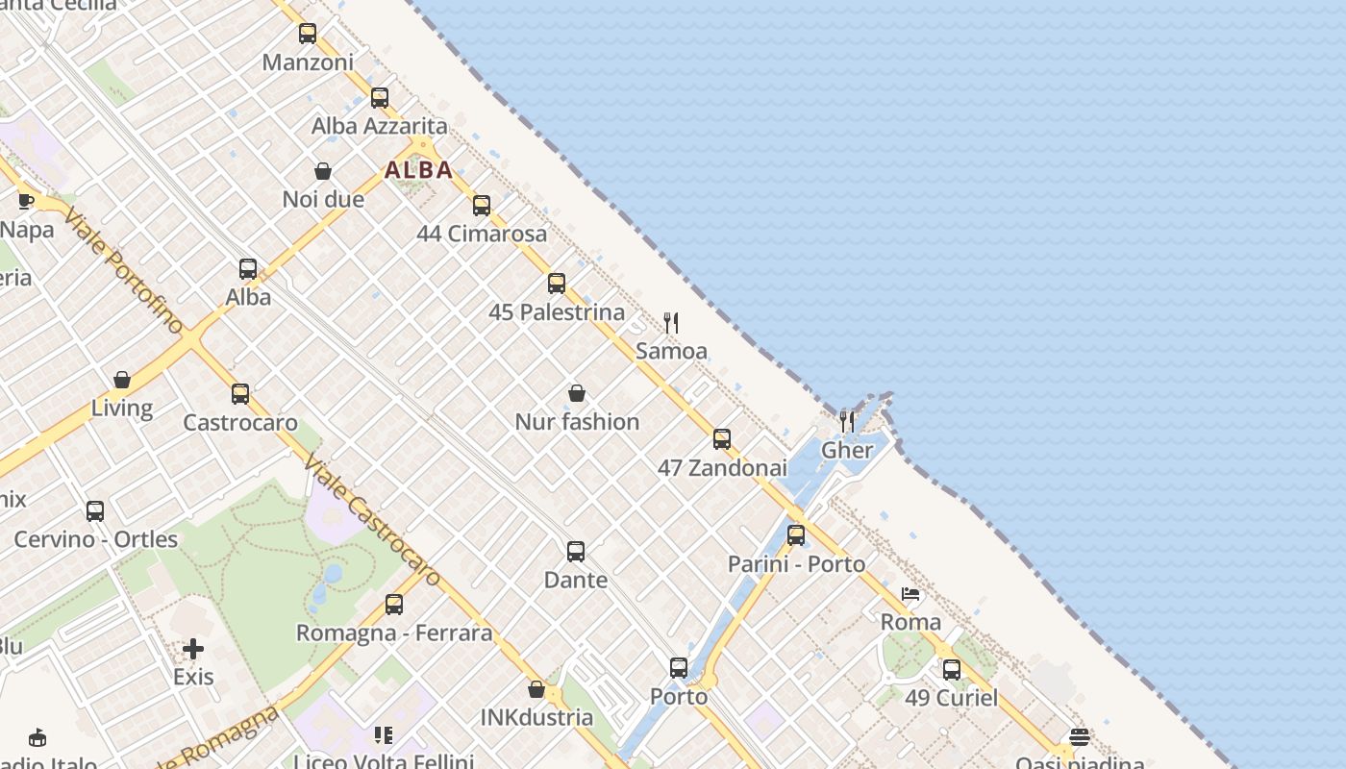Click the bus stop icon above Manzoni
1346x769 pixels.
308,34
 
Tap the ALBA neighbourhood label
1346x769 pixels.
418,170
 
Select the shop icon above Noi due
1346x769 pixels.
323,171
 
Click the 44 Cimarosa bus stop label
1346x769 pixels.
482,234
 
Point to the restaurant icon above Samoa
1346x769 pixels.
671,323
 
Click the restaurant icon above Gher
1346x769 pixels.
847,421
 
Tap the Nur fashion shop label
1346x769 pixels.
577,422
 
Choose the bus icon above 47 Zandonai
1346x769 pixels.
722,439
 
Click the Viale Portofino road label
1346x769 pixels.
124,269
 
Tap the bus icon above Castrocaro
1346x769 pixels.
240,394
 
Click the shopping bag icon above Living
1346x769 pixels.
122,380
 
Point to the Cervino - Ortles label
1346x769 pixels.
96,539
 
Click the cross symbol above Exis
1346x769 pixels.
193,649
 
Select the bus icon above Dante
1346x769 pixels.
576,552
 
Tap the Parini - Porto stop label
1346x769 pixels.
796,564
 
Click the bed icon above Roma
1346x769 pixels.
910,594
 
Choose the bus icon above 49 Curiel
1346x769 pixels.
951,669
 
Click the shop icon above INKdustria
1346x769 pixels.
536,689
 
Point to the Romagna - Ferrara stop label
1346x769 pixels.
394,633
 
